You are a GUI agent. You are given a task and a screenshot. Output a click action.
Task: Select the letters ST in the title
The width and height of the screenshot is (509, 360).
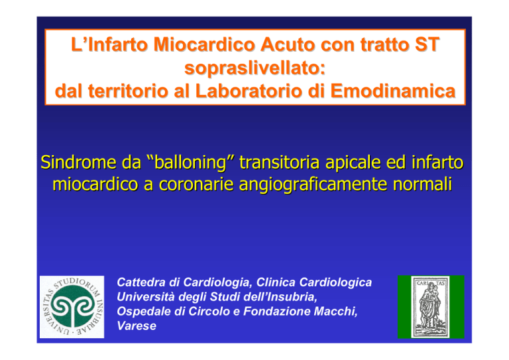[427, 44]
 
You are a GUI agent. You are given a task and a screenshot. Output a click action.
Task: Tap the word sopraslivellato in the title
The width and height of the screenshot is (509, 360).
[254, 68]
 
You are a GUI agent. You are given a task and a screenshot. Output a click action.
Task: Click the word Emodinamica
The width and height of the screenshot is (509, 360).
[393, 91]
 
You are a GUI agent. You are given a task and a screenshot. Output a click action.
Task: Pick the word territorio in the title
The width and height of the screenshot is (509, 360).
[129, 91]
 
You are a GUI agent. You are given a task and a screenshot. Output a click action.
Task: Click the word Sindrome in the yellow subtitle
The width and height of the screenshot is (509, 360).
[78, 162]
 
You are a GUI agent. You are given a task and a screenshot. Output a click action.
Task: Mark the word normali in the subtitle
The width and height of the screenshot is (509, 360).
[422, 184]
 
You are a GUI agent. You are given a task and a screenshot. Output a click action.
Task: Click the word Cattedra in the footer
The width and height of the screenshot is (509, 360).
[141, 282]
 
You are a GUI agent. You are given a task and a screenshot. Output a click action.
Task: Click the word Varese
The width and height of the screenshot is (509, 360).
[137, 326]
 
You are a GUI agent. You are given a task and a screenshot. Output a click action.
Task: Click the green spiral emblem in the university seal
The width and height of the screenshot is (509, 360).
[72, 306]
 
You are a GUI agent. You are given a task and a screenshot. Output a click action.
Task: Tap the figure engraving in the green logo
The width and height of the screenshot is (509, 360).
[430, 306]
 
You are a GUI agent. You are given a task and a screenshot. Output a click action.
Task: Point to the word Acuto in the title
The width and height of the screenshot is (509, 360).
[288, 44]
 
